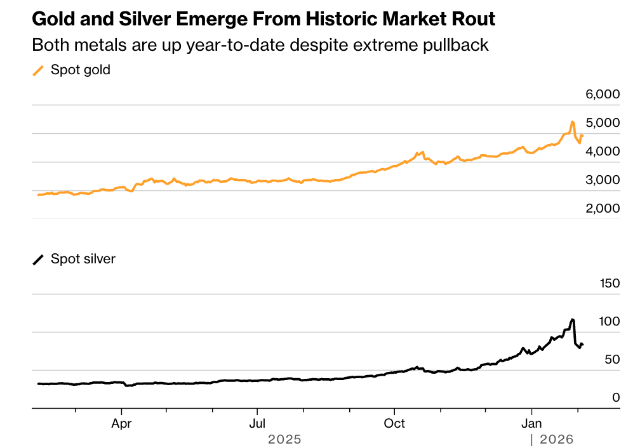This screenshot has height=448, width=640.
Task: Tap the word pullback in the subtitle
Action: click(x=462, y=46)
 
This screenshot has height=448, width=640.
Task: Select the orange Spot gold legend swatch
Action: click(x=39, y=70)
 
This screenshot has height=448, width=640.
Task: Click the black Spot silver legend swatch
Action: click(x=39, y=260)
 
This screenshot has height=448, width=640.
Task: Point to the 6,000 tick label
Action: click(x=602, y=95)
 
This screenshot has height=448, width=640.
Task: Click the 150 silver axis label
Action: click(x=610, y=284)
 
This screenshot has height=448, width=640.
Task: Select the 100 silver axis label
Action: click(x=610, y=322)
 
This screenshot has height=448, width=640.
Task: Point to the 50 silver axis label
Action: click(x=612, y=360)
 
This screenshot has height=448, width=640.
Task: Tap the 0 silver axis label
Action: click(x=616, y=398)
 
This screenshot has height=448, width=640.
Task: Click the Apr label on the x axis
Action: click(x=121, y=423)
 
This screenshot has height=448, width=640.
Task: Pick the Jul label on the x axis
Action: click(x=257, y=423)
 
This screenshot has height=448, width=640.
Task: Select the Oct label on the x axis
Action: click(x=394, y=423)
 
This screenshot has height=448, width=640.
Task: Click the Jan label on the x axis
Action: click(x=531, y=423)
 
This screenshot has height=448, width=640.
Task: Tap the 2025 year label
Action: click(x=284, y=439)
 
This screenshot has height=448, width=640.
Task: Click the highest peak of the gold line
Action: click(x=572, y=121)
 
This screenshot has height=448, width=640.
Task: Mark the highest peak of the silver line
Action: click(x=573, y=319)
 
